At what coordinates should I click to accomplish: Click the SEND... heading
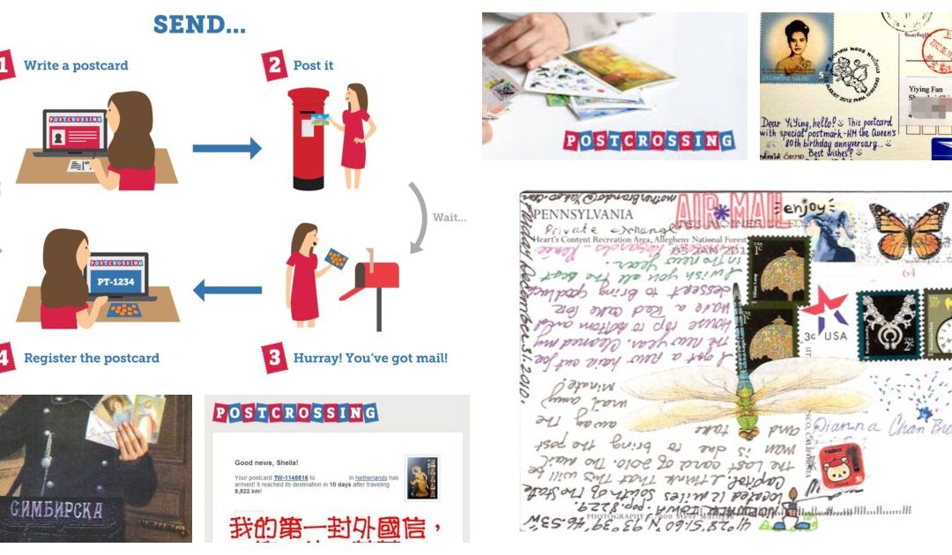click(x=199, y=25)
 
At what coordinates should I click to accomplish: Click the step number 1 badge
click(x=6, y=65)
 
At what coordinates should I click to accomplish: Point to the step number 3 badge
click(x=275, y=358)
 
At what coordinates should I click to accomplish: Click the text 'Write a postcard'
click(x=76, y=66)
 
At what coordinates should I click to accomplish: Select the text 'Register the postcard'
click(x=92, y=359)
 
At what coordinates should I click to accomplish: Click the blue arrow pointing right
click(x=227, y=147)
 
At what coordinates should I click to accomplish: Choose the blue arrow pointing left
click(x=227, y=288)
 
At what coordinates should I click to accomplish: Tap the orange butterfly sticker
click(x=907, y=230)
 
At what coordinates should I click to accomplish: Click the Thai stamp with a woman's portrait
click(x=797, y=49)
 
